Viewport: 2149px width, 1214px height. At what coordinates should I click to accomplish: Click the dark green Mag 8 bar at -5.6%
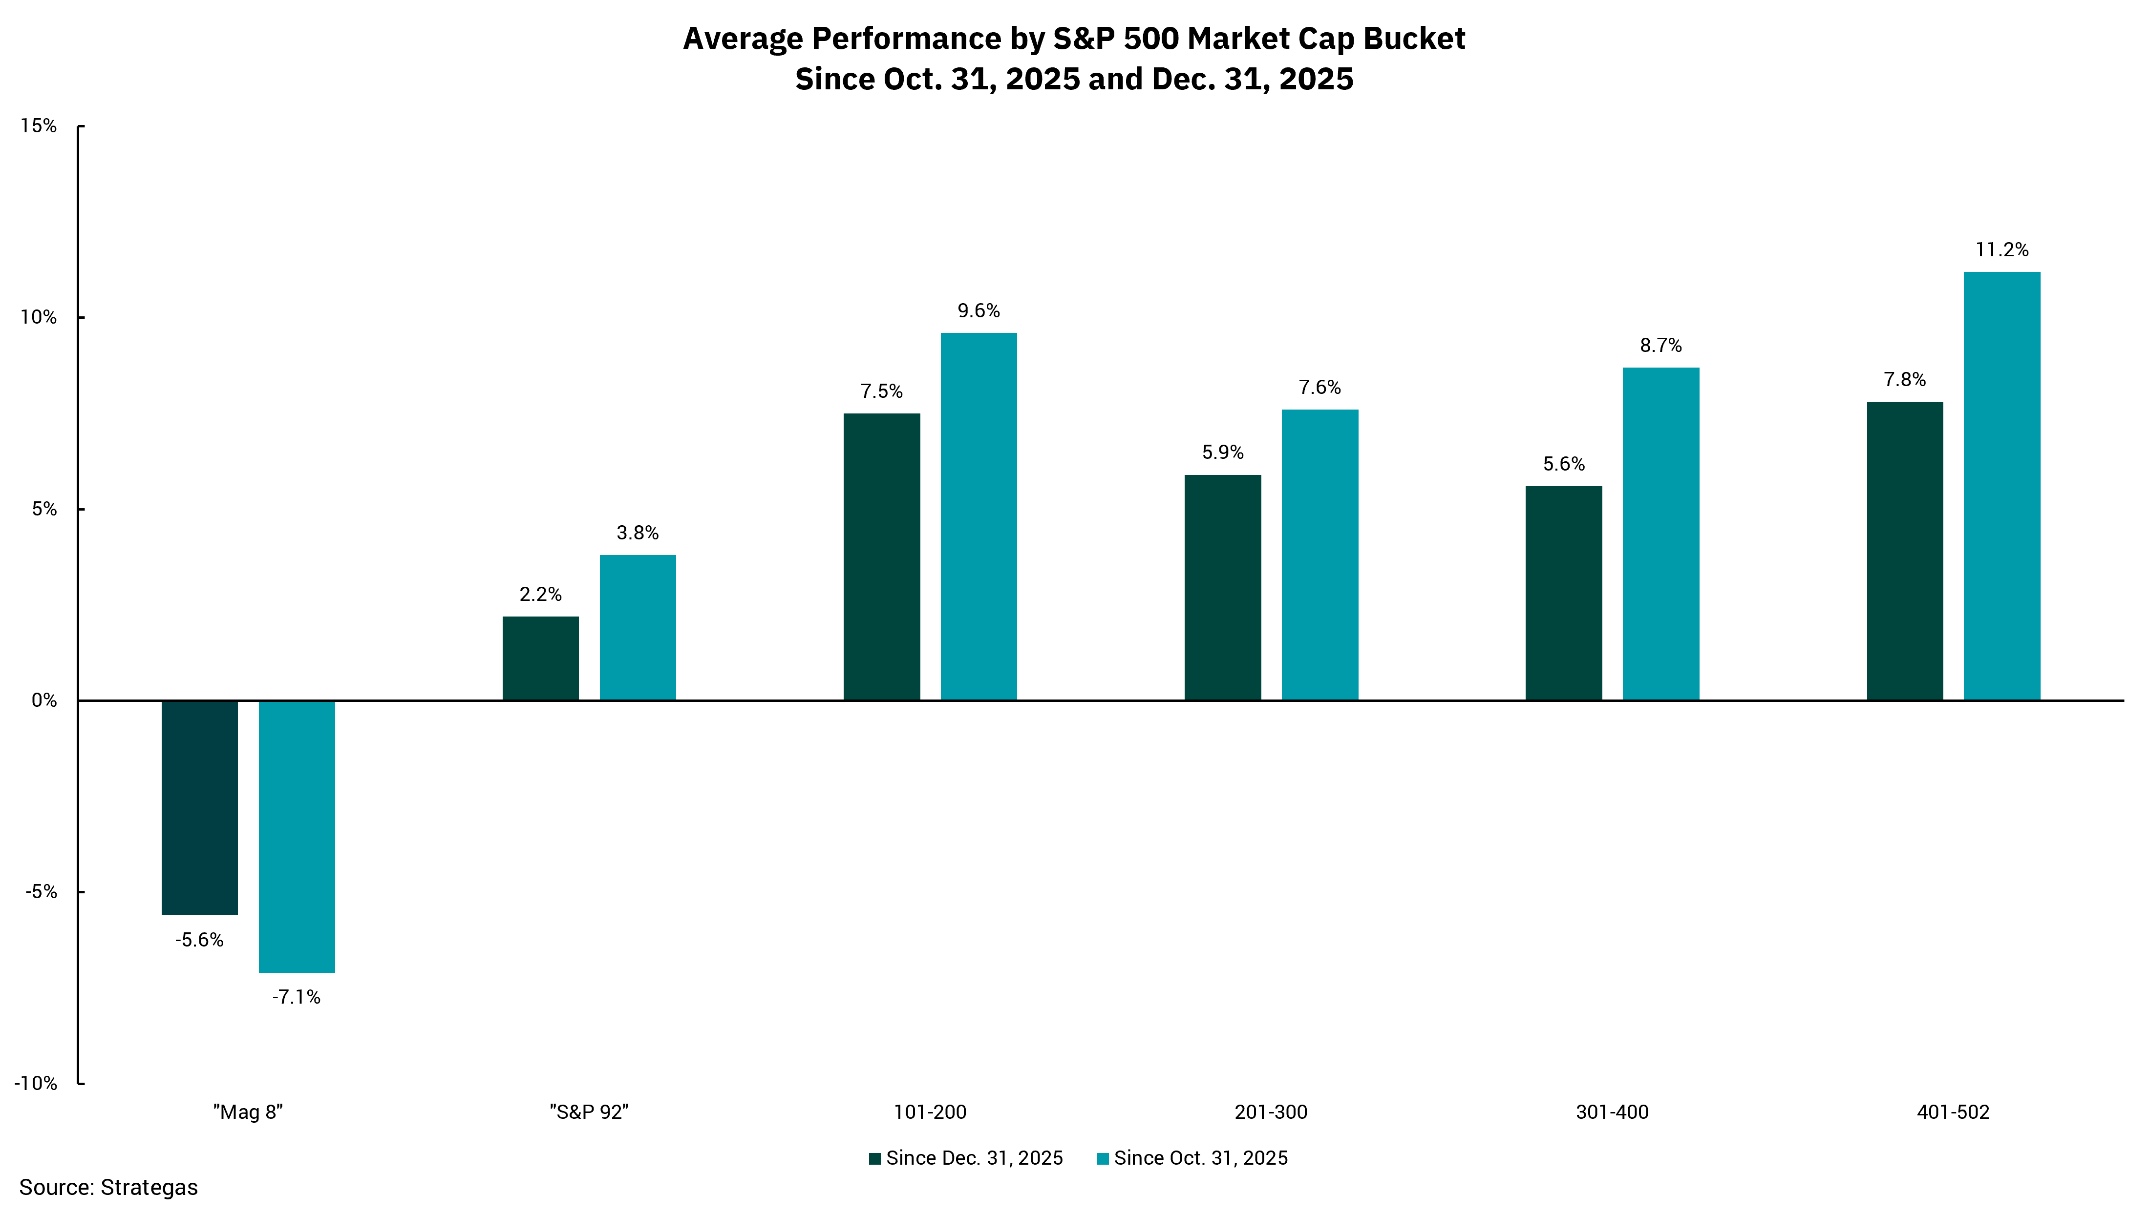click(x=199, y=807)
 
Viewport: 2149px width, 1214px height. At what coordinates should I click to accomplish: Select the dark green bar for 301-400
click(x=1563, y=593)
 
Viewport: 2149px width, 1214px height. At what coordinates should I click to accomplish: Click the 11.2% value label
click(x=2001, y=249)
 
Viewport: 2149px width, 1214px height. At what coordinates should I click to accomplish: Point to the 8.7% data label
click(x=1660, y=345)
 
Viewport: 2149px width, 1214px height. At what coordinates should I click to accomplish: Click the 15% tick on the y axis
click(x=39, y=126)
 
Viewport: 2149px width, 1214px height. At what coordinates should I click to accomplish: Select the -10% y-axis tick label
click(x=36, y=1083)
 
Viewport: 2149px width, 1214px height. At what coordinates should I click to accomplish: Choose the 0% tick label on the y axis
click(x=43, y=700)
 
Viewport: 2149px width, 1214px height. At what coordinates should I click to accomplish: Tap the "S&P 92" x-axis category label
click(x=589, y=1111)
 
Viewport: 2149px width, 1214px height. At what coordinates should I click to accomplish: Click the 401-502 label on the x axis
click(x=1953, y=1111)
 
